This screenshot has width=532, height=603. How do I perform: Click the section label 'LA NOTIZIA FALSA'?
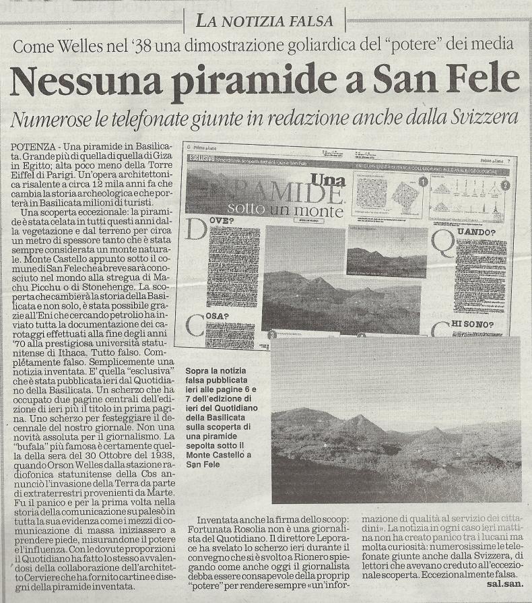coord(265,21)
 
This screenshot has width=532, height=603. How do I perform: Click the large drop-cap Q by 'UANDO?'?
coord(443,245)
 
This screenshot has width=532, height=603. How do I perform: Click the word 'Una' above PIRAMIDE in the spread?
coord(328,180)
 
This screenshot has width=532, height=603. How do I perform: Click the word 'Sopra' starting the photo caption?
coord(199,371)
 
